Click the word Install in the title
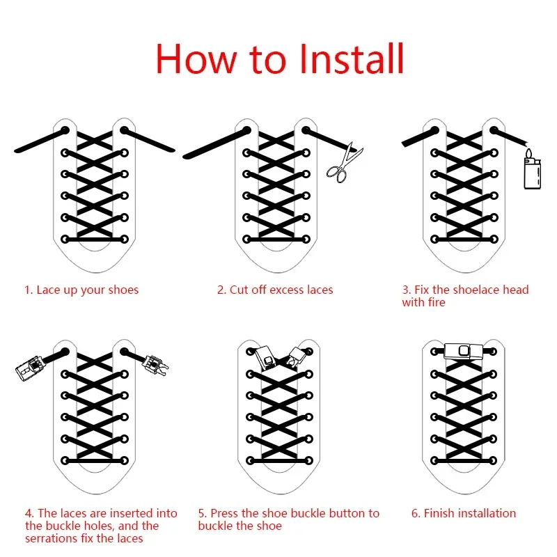(x=352, y=58)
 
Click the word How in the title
(x=196, y=58)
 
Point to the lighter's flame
(x=529, y=154)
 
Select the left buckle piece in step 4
(x=29, y=368)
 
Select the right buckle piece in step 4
(x=155, y=366)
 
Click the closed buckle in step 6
(x=464, y=351)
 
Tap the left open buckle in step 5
(x=265, y=357)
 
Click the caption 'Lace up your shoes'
(x=88, y=290)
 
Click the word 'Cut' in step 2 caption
(x=239, y=290)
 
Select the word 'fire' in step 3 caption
(x=437, y=303)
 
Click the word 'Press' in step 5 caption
(x=225, y=513)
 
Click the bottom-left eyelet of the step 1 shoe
(x=65, y=239)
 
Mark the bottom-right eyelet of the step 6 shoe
(x=493, y=461)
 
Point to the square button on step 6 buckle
(x=464, y=351)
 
